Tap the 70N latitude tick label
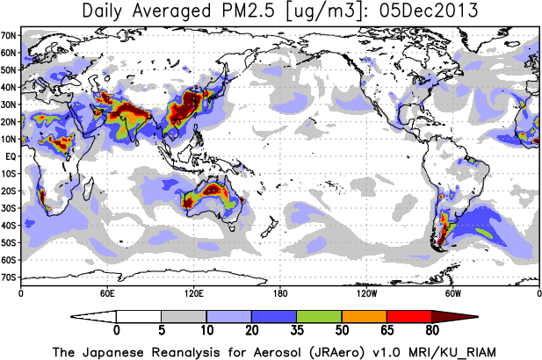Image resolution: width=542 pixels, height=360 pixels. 10,34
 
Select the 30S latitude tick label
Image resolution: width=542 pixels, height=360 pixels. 10,208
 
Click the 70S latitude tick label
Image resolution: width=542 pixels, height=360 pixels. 10,277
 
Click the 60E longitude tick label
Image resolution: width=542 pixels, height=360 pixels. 106,293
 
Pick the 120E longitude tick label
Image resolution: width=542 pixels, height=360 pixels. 193,293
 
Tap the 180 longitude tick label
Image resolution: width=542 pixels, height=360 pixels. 279,293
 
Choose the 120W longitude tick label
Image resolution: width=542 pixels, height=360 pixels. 365,293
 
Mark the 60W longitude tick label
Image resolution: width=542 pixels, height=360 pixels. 452,293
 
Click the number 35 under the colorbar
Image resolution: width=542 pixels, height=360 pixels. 297,331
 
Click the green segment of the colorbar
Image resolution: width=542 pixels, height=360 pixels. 319,315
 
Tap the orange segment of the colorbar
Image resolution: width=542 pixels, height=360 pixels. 364,315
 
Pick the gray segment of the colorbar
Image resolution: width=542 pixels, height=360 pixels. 184,315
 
